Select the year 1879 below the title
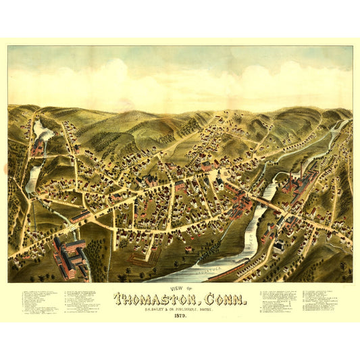point(180,315)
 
